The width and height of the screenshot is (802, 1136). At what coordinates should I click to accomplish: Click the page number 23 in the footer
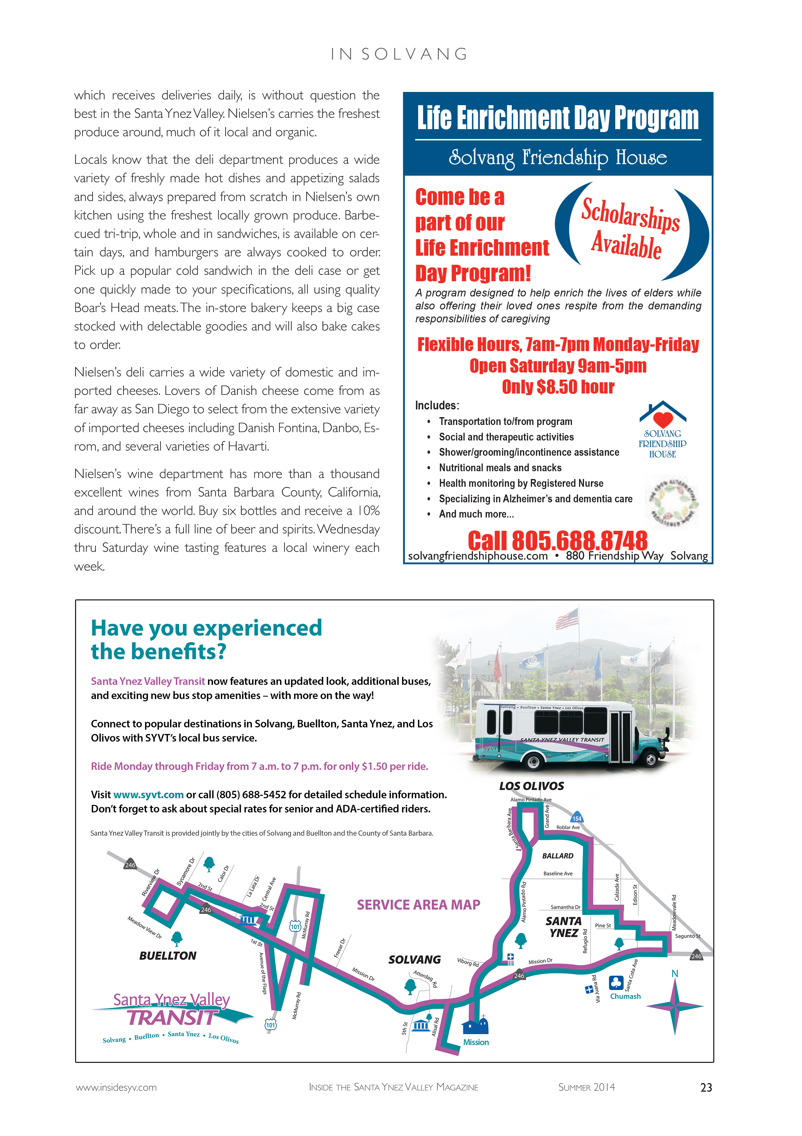pos(706,1087)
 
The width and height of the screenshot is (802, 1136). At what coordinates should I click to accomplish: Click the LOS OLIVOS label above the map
pos(531,786)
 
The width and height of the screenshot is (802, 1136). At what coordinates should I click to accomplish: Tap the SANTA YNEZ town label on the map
pos(563,927)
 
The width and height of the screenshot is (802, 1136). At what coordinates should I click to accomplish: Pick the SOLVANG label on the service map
pos(414,959)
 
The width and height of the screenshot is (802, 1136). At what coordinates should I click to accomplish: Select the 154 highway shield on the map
pos(577,818)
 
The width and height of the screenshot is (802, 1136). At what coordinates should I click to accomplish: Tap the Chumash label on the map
pos(625,996)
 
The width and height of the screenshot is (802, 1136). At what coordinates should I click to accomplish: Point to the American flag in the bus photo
pos(567,618)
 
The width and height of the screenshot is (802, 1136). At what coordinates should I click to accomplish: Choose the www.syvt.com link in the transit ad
pos(149,795)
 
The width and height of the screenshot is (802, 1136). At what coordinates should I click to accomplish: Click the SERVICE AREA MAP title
pos(418,905)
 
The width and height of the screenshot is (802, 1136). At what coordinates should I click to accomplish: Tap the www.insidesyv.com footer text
pos(116,1087)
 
